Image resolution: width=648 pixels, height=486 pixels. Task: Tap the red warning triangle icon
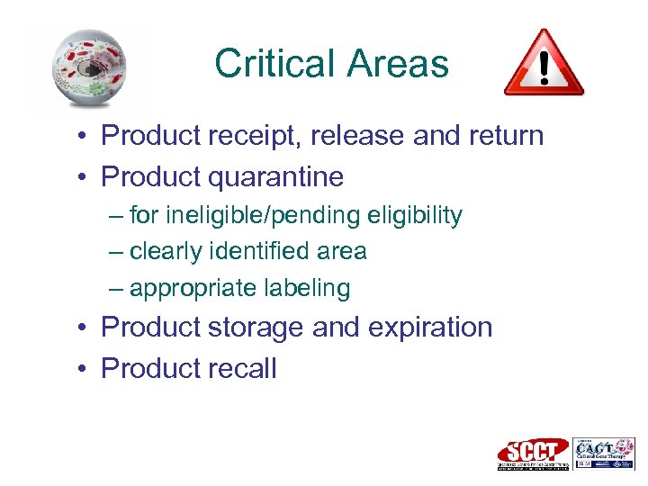tap(544, 63)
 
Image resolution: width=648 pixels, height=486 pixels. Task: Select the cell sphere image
tap(88, 68)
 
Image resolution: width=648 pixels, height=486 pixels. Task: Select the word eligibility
tap(418, 216)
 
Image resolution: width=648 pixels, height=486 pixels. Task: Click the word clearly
tap(168, 252)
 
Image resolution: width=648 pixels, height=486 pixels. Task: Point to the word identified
tap(258, 252)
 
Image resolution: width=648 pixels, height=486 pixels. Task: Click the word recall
tap(242, 368)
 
